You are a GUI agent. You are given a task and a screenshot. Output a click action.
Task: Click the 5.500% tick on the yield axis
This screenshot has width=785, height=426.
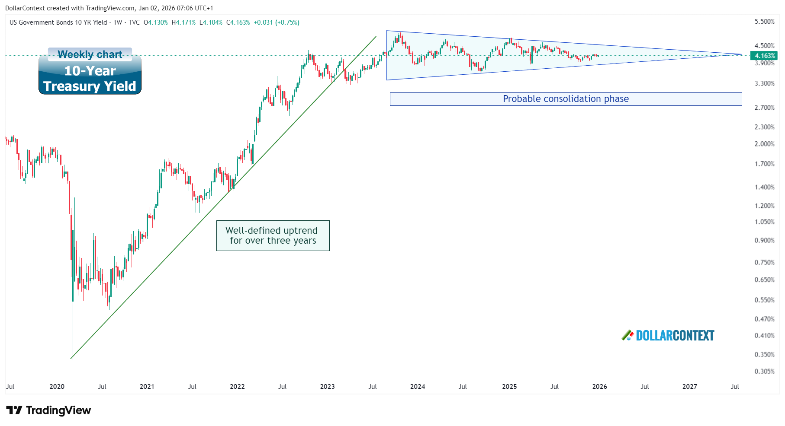[x=764, y=22]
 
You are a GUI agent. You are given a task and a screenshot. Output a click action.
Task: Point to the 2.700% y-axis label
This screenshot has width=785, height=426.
[x=764, y=107]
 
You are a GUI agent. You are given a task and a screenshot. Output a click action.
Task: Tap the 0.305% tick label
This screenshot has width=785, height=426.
[x=764, y=372]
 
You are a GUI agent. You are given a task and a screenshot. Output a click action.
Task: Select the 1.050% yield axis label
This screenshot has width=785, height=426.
[x=764, y=222]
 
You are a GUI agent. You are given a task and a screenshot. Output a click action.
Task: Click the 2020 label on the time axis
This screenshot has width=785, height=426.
[x=57, y=387]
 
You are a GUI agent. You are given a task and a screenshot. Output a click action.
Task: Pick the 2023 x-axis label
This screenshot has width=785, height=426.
[x=327, y=387]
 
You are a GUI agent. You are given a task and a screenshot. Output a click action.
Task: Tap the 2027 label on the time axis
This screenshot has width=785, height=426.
[x=689, y=387]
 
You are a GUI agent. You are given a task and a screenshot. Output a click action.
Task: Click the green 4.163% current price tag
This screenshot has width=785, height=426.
[x=765, y=56]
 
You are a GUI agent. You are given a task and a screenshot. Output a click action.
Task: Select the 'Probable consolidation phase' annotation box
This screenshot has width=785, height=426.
[x=566, y=99]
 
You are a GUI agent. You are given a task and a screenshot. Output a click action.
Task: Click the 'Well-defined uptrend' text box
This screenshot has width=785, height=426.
[x=273, y=235]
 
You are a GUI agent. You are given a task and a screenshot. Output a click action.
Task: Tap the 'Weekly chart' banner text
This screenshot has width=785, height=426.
[x=90, y=54]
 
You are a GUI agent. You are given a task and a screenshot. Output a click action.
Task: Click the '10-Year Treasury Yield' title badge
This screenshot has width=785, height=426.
[x=90, y=79]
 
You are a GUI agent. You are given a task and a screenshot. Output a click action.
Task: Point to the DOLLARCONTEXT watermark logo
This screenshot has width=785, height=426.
[x=669, y=336]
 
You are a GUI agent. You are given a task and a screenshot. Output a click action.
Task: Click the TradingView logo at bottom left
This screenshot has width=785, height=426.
[x=48, y=410]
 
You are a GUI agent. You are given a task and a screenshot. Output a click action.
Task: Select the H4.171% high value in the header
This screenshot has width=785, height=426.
[x=183, y=22]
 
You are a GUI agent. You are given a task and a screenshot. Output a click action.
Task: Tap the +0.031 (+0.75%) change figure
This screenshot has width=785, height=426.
[x=277, y=22]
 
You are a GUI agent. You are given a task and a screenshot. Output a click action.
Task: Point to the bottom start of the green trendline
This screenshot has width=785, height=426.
[x=71, y=358]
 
